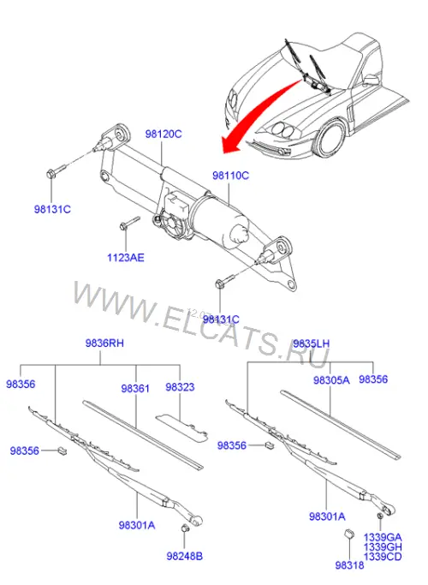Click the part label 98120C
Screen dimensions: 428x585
(163, 134)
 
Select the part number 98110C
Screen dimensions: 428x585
(230, 175)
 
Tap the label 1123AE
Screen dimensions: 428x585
(126, 258)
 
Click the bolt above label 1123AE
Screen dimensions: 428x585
(129, 223)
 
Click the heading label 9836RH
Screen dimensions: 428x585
(104, 343)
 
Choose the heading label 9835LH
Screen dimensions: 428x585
(312, 343)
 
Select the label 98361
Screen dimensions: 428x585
(135, 388)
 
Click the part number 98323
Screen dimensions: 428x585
(180, 387)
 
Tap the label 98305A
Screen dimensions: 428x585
(331, 380)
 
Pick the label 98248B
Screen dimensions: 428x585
(185, 556)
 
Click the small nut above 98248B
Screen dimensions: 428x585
(184, 528)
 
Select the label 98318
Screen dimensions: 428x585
(349, 565)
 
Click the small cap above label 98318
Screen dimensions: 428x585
(348, 534)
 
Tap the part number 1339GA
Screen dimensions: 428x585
(383, 537)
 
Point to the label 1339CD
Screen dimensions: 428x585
(383, 557)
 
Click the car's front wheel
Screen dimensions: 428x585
(330, 139)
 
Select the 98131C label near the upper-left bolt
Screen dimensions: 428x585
(52, 209)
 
